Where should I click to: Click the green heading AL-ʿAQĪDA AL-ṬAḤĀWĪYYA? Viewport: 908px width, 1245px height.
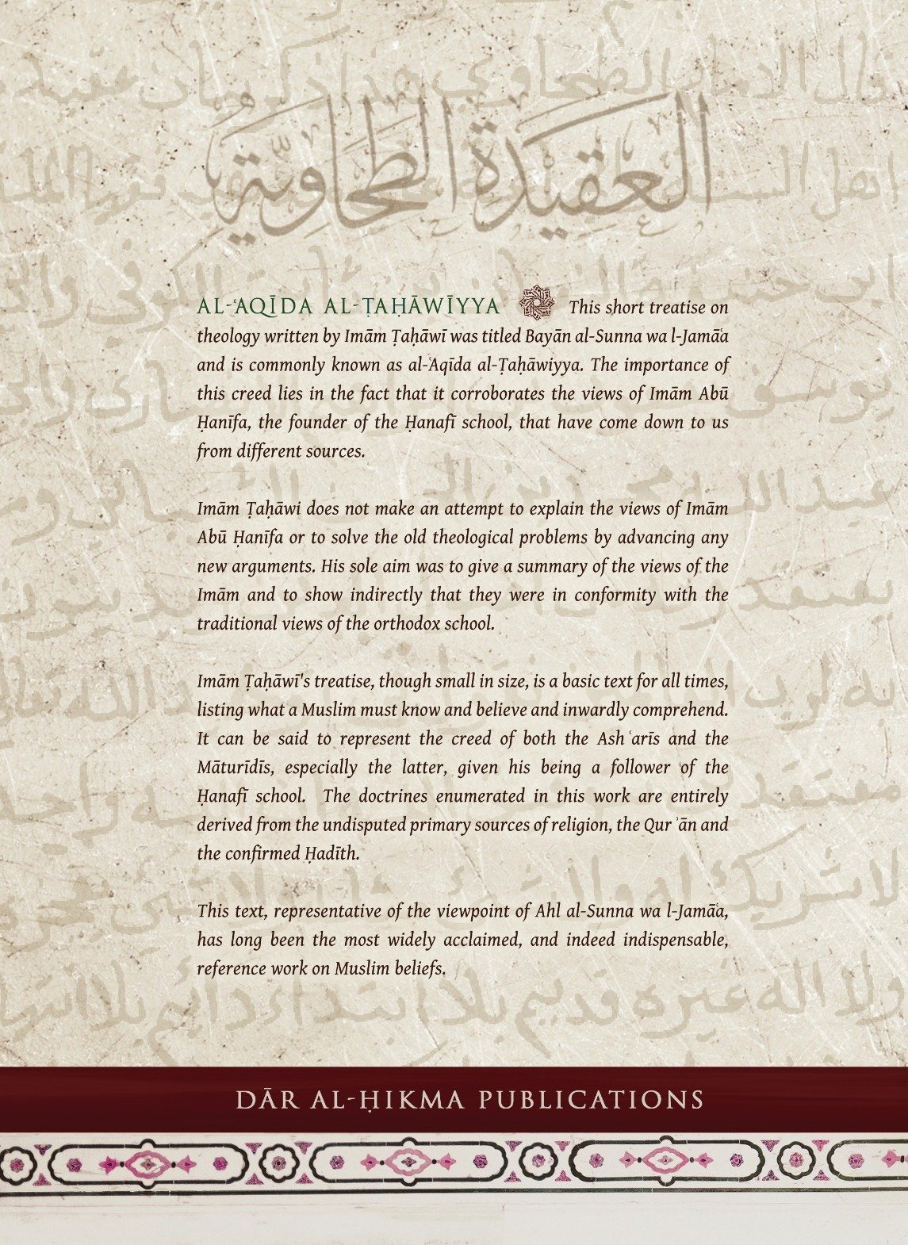pos(348,308)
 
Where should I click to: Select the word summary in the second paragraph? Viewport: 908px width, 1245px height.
pos(504,566)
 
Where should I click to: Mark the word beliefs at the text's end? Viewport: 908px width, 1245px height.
pos(413,968)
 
